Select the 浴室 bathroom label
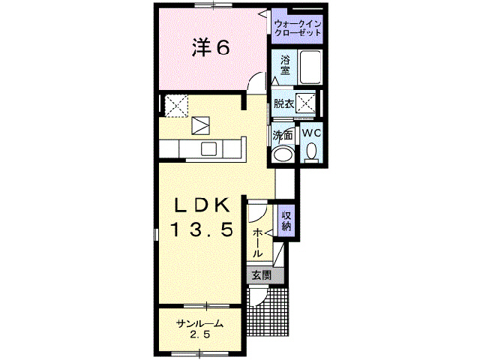(x=286, y=65)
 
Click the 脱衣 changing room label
(x=283, y=103)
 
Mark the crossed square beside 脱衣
(x=306, y=103)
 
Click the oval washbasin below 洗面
(x=283, y=154)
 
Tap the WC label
(x=312, y=132)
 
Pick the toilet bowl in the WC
(x=312, y=152)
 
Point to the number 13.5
(x=200, y=229)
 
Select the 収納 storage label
(x=286, y=220)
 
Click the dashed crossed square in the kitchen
(x=176, y=105)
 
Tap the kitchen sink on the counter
(x=208, y=148)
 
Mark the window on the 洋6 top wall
(x=211, y=5)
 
